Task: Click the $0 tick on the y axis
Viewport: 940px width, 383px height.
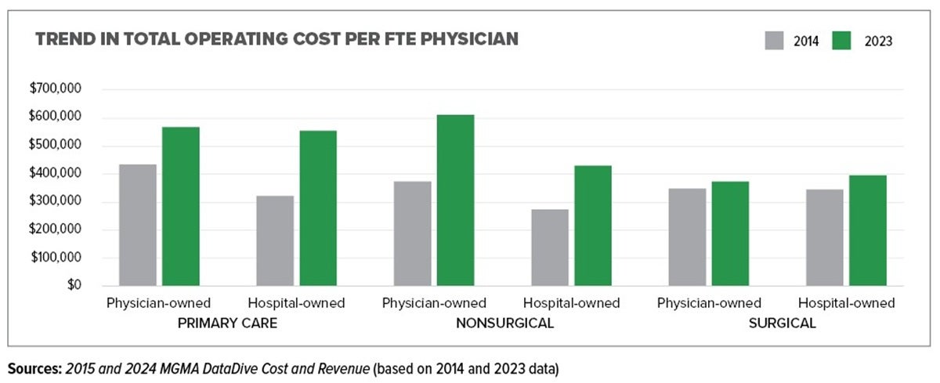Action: point(73,285)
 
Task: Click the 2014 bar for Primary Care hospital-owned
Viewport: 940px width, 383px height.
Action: point(275,240)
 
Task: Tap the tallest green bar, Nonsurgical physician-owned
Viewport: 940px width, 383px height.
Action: point(455,200)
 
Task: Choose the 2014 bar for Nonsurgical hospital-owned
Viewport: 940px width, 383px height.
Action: point(550,247)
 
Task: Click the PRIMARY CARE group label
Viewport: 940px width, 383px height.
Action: point(227,323)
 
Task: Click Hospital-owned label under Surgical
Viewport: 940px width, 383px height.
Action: point(846,303)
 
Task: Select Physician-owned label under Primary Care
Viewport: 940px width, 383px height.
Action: point(159,303)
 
